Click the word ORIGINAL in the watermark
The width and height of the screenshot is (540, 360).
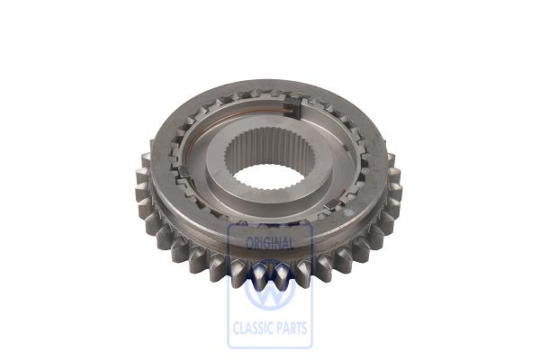point(269,244)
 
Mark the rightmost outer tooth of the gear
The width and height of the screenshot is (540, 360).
point(396,189)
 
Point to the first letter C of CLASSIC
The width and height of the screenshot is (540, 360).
point(236,328)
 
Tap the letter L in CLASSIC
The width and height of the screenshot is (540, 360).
point(243,328)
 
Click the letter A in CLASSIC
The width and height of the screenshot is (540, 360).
point(250,328)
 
